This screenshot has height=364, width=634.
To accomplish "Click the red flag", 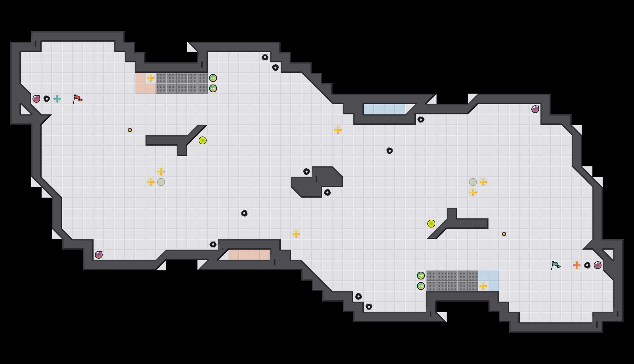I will point(77,99).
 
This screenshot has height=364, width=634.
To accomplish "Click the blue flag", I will point(556,265).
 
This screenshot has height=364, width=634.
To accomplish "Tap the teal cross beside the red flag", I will point(57,99).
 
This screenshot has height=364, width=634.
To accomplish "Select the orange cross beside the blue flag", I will point(577,265).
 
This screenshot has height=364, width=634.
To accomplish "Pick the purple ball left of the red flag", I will point(36,99).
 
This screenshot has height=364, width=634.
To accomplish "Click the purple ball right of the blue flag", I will point(598,265).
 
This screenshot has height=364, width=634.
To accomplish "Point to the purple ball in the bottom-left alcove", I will point(99,255).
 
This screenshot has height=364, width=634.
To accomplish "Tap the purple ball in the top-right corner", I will point(535,109).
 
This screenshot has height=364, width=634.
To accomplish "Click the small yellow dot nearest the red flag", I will point(130,130).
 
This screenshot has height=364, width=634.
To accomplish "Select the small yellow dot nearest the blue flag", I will point(504,234).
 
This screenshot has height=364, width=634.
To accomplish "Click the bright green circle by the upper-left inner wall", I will point(203,140).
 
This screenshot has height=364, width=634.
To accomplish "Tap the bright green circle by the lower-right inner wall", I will point(431,224).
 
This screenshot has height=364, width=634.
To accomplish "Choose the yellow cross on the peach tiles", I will point(151,78).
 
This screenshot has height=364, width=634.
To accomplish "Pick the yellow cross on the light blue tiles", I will point(483,286).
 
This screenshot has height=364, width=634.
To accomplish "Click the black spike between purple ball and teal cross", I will point(47,99).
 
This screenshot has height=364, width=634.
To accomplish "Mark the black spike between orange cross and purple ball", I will point(587,265).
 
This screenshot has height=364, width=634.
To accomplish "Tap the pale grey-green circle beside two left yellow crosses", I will point(161,182).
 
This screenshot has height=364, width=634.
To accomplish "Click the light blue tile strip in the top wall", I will point(385,109).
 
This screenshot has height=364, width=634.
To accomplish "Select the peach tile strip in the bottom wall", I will point(249,255).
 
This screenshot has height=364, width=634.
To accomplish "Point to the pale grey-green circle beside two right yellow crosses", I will point(473,182).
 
